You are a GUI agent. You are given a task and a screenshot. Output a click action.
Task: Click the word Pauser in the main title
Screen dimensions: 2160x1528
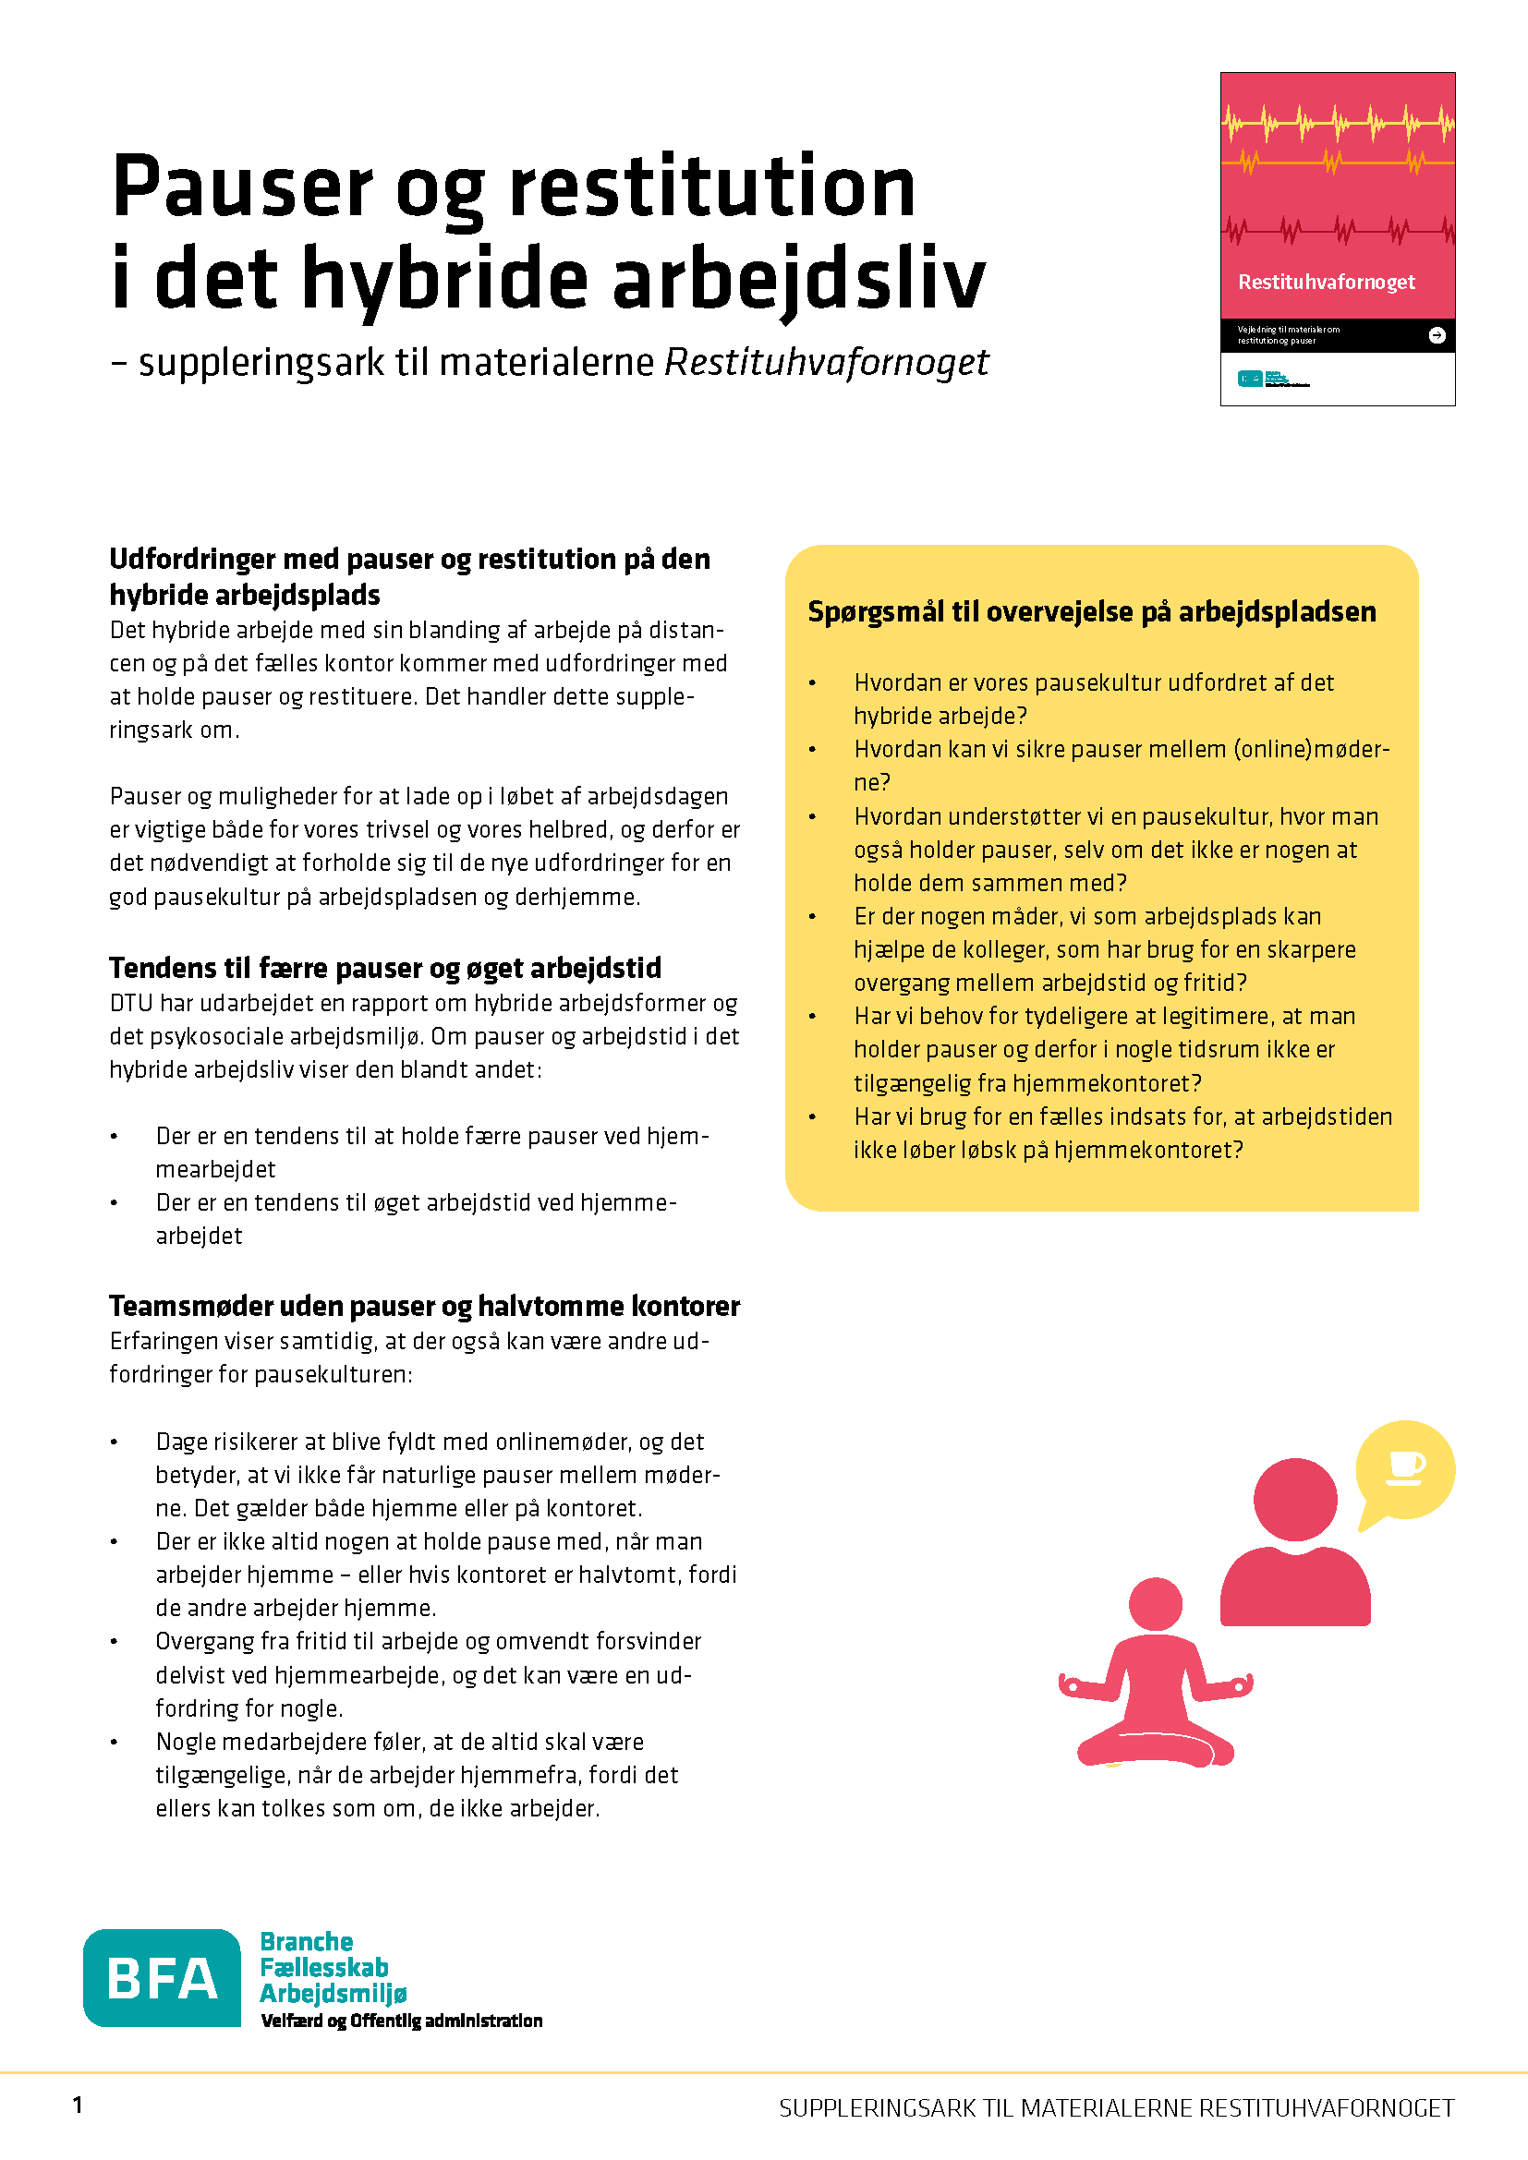point(242,187)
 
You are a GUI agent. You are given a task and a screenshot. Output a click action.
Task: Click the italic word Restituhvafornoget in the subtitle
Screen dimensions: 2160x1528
point(826,363)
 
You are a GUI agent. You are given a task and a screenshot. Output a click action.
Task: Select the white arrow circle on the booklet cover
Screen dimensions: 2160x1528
point(1436,335)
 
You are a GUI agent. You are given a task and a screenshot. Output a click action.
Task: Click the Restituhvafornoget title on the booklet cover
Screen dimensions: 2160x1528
point(1326,283)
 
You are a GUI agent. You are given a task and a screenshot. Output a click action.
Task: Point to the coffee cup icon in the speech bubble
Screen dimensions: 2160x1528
point(1405,1466)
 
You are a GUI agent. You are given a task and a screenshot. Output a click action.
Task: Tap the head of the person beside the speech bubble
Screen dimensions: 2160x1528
point(1294,1499)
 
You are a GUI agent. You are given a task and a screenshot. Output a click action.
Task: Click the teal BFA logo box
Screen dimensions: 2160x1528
point(162,1976)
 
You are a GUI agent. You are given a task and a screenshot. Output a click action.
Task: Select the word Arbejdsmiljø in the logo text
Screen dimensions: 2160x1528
point(333,1994)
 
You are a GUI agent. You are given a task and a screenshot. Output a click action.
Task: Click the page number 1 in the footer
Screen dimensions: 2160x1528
point(78,2105)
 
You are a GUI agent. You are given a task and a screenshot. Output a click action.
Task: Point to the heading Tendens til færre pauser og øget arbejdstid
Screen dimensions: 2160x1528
point(385,968)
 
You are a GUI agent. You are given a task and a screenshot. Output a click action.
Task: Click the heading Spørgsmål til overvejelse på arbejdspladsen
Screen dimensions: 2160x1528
point(1091,611)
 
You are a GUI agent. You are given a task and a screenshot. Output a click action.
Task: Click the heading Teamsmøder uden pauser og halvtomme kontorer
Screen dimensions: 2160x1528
point(424,1306)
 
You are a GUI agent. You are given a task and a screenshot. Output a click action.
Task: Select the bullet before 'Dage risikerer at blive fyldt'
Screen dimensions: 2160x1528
point(115,1442)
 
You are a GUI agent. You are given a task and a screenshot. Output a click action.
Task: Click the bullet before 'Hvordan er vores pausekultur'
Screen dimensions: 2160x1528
point(812,683)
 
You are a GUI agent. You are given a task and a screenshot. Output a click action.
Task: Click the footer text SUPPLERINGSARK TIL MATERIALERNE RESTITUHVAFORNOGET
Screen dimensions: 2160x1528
point(1116,2108)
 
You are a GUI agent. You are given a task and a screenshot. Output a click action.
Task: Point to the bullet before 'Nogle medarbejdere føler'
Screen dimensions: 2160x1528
point(115,1743)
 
